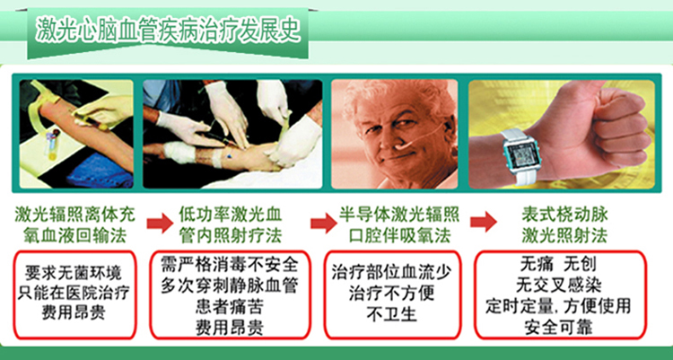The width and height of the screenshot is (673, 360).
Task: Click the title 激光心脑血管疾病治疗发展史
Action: point(167,28)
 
